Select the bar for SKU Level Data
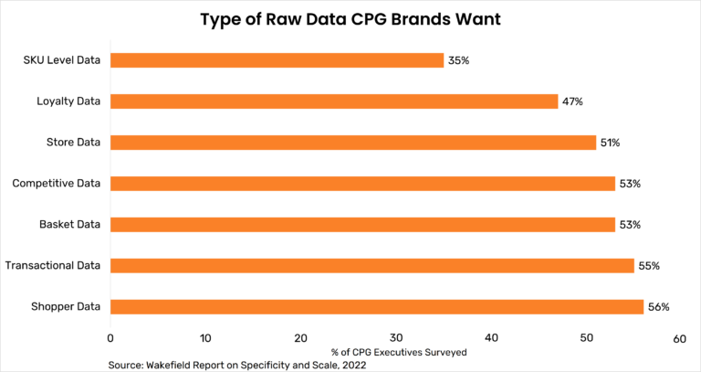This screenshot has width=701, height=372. (x=277, y=60)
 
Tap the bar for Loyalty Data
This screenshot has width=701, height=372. (x=334, y=101)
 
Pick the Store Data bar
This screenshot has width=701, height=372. (x=353, y=143)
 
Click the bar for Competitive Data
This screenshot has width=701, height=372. (x=362, y=184)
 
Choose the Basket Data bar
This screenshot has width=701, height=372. (x=362, y=225)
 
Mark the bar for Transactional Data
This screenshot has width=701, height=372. (x=372, y=266)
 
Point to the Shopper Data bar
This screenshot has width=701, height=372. (x=377, y=307)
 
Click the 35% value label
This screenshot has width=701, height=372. (x=458, y=60)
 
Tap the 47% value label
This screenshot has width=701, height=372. (x=572, y=101)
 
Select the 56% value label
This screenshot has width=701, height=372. (x=658, y=307)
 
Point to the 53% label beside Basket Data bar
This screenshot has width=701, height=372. (x=630, y=225)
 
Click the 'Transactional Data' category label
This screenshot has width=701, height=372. (x=52, y=266)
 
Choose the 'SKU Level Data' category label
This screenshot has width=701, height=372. (x=61, y=60)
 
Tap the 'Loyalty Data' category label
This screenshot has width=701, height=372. (x=68, y=101)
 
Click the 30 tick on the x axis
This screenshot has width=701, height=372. (x=395, y=338)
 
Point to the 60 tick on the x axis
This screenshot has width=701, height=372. (x=680, y=338)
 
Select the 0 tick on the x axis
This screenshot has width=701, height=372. (x=110, y=338)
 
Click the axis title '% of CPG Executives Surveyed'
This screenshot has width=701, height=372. (x=395, y=352)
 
